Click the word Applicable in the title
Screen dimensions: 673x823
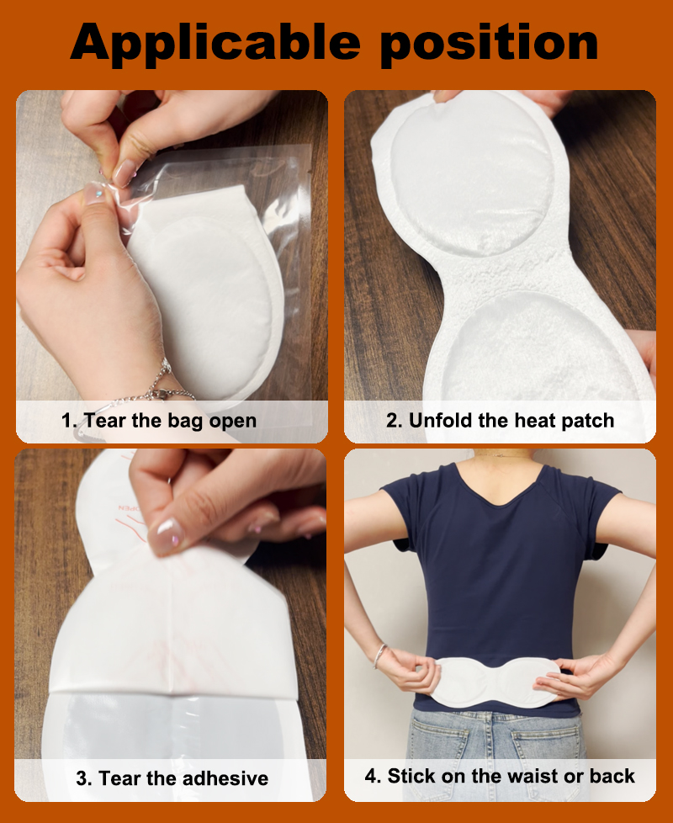[x=215, y=43]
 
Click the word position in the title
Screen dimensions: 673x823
[x=489, y=41]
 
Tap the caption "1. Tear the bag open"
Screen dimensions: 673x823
[x=159, y=421]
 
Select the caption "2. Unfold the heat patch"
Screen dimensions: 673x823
[x=500, y=421]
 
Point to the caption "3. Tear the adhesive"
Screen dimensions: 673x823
[x=172, y=778]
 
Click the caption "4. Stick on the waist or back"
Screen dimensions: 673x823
[x=500, y=776]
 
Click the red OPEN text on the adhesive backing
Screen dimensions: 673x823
[x=128, y=508]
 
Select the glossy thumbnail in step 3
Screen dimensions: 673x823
[x=167, y=535]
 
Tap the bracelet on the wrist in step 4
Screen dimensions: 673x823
[x=379, y=656]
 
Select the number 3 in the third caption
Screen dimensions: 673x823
[x=82, y=778]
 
